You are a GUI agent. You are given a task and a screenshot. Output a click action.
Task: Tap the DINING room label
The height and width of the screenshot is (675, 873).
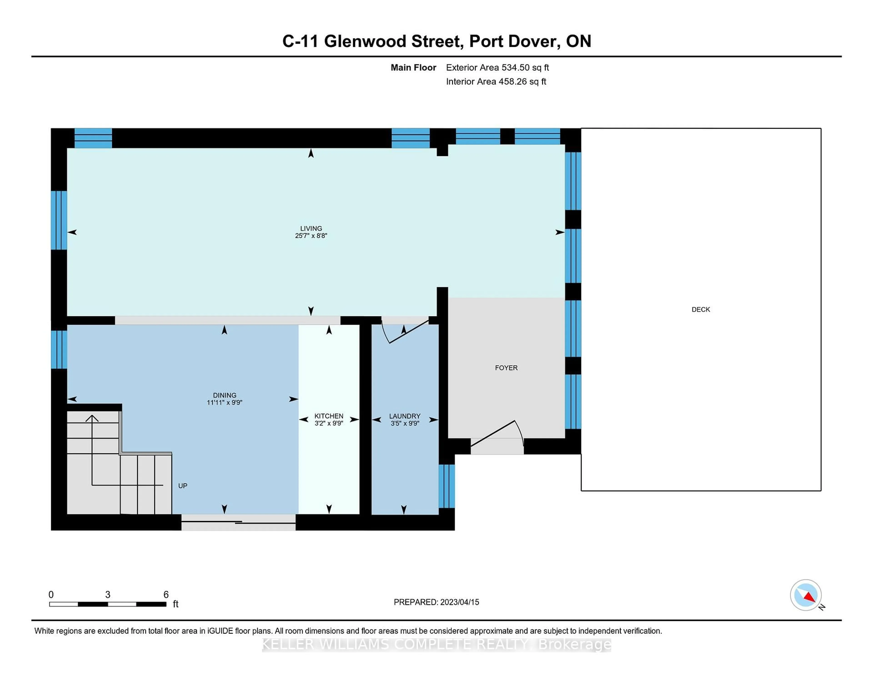[x=225, y=395]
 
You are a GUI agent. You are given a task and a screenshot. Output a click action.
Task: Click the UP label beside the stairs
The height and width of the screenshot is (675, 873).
[x=183, y=486]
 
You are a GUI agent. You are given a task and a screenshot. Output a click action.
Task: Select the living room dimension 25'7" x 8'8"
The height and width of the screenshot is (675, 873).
[x=311, y=236]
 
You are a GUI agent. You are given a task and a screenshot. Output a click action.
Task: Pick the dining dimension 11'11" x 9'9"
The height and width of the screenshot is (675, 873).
[x=225, y=403]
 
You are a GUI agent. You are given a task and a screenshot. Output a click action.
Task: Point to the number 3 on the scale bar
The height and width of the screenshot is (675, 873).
[x=108, y=595]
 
